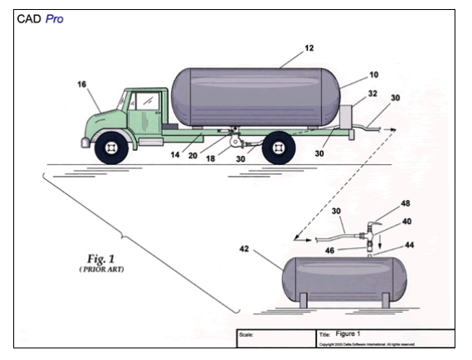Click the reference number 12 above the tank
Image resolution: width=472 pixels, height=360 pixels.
click(x=309, y=50)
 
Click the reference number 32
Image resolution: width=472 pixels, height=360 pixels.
click(x=372, y=95)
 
